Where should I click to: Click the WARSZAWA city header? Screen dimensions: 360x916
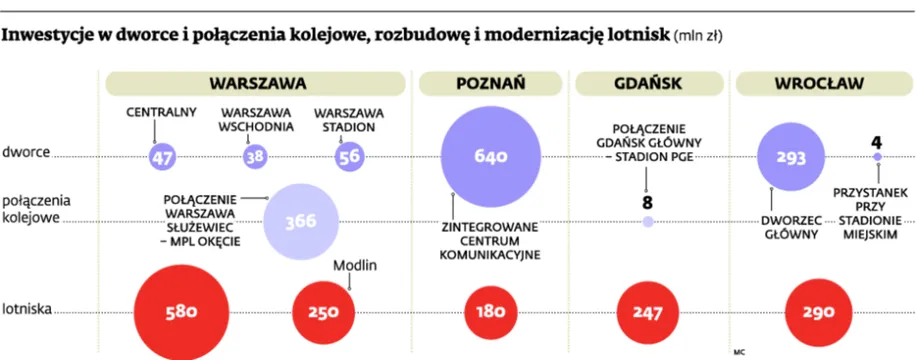click(x=257, y=85)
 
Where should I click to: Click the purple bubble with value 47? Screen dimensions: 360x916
click(x=163, y=157)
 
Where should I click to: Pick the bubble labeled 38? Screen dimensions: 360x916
click(x=256, y=157)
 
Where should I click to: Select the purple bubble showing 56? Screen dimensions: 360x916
click(x=350, y=157)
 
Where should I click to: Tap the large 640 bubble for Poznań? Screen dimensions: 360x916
click(x=490, y=156)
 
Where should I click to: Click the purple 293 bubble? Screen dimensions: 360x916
click(x=797, y=157)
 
